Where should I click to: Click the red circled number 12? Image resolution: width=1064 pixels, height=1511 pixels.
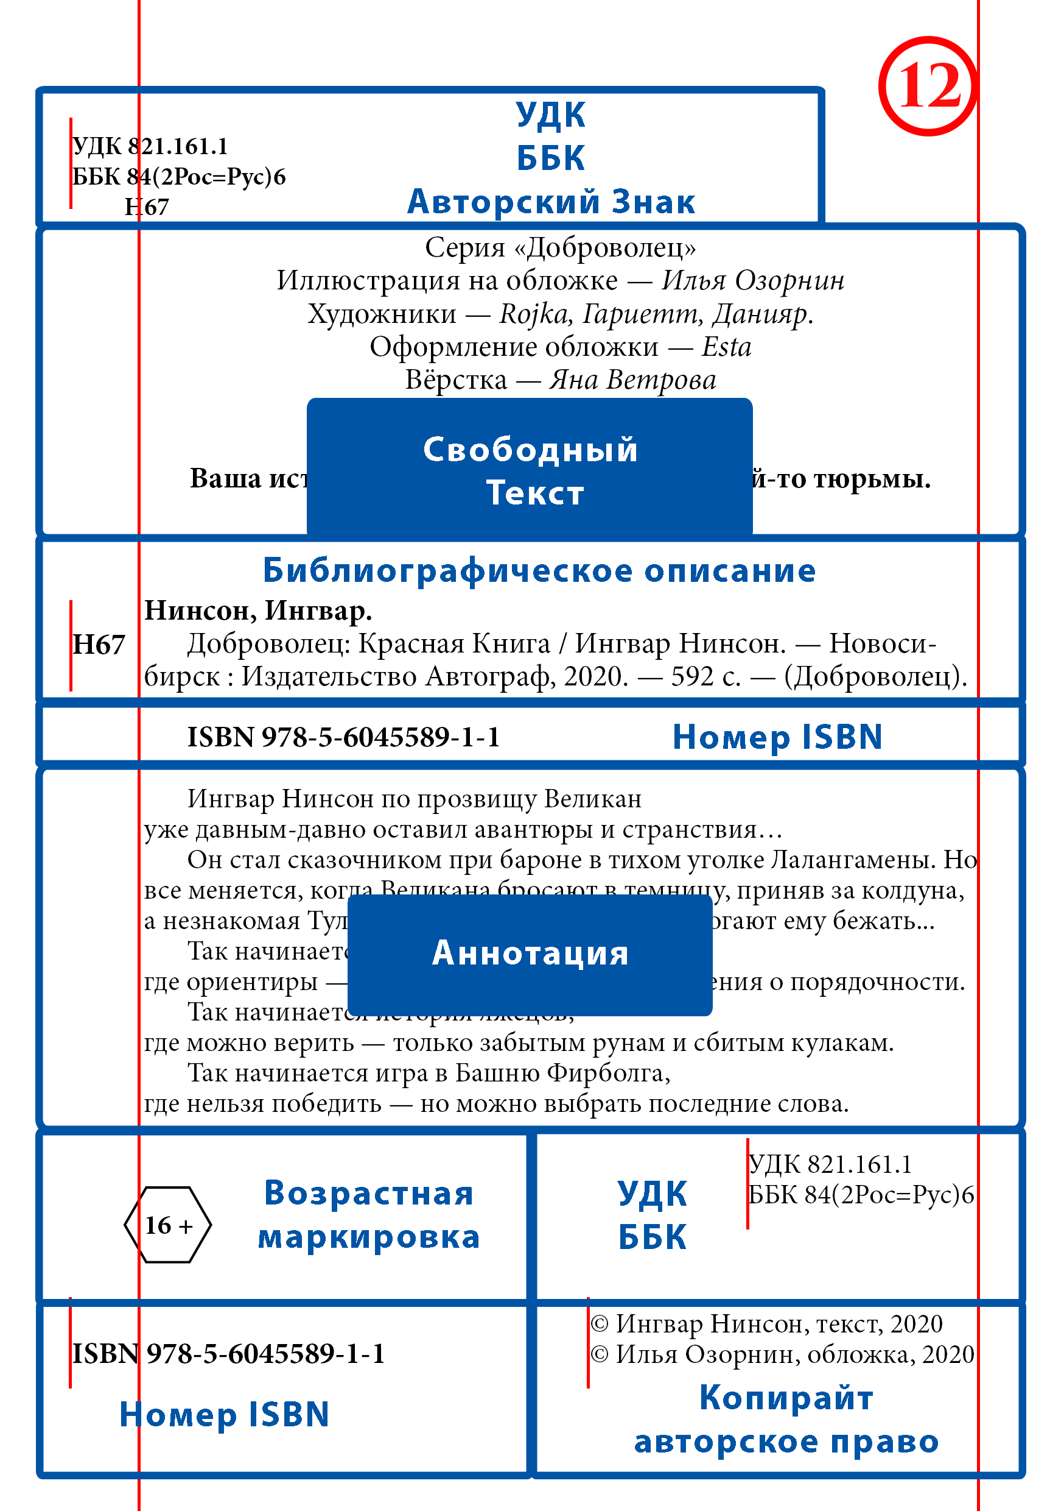(x=928, y=86)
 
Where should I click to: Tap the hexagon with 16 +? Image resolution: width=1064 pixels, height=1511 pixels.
(x=167, y=1225)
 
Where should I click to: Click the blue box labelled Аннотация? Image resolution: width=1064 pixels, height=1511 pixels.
(x=530, y=954)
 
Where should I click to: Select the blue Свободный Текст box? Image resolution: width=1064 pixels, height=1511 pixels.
(x=530, y=470)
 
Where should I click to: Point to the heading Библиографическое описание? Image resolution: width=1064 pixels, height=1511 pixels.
(x=539, y=570)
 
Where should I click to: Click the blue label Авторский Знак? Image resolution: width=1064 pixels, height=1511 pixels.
(x=551, y=202)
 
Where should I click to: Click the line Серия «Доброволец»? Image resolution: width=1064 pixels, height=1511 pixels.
(x=559, y=247)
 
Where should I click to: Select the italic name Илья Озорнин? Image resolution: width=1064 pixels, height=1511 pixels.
(x=752, y=280)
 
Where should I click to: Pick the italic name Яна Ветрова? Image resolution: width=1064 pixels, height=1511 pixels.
(x=632, y=380)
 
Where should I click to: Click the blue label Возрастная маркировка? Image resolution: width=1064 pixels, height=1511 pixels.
(x=368, y=1214)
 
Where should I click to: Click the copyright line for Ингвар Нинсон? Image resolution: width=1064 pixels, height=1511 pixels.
(x=766, y=1323)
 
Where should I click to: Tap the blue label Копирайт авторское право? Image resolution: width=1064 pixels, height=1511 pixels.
(x=786, y=1420)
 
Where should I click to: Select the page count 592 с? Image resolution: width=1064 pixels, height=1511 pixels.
(x=705, y=676)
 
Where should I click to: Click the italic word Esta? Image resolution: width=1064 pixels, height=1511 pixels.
(x=726, y=347)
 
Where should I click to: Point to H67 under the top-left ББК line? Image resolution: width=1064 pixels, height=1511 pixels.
(x=147, y=207)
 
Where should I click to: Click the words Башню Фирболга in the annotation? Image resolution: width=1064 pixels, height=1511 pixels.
(x=562, y=1074)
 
